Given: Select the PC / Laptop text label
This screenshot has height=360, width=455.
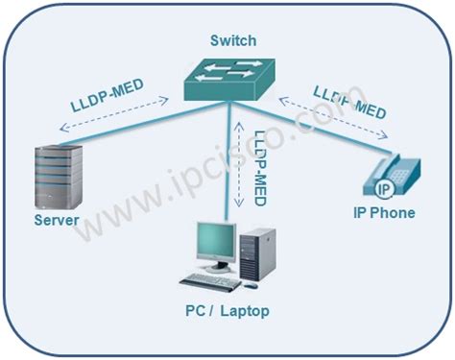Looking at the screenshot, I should [227, 310].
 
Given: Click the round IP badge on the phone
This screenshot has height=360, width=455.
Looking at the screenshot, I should [383, 185].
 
